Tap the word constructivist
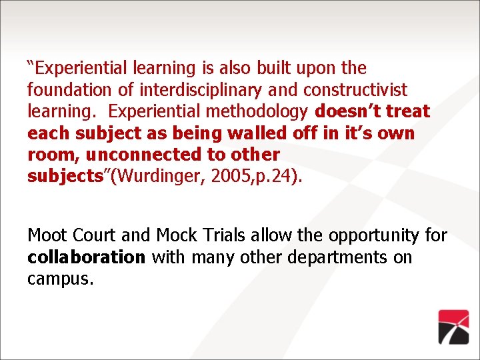click(355, 89)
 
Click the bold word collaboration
click(86, 257)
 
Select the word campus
click(60, 279)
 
